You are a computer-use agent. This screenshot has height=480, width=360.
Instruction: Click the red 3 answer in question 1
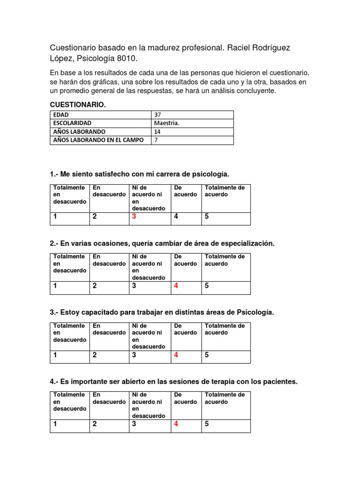coord(134,217)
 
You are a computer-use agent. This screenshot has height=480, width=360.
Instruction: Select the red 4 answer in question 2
coord(176,285)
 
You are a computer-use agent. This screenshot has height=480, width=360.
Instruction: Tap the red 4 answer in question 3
coord(176,355)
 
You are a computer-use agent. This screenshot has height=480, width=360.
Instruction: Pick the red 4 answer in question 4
coord(176,424)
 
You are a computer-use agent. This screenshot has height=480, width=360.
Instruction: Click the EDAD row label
coord(61,115)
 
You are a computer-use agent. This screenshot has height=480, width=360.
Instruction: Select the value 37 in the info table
coord(157,115)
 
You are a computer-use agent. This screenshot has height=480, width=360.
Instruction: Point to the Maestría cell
coord(166,123)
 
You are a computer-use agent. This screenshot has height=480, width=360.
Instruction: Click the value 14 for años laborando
coord(157,132)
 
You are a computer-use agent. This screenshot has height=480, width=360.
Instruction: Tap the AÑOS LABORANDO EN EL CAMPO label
coord(98,140)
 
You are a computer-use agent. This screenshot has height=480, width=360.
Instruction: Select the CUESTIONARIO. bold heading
coord(78,104)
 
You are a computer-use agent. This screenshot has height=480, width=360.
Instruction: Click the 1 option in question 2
coord(55,285)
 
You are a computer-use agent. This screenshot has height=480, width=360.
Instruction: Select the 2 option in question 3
coord(95,355)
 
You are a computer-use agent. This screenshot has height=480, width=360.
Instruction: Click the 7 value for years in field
coord(156,140)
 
